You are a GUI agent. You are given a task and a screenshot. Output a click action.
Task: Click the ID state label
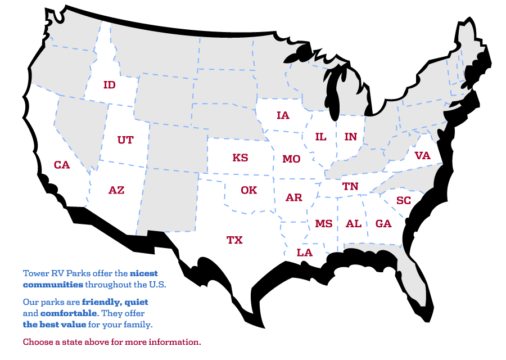click(x=110, y=85)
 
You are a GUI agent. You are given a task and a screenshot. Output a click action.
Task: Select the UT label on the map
click(x=125, y=140)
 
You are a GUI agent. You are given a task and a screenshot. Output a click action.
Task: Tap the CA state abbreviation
click(x=62, y=165)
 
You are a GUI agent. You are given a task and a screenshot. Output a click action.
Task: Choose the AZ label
click(x=116, y=190)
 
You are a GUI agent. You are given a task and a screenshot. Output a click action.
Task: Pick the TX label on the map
click(x=234, y=240)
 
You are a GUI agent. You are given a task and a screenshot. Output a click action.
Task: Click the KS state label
click(x=240, y=158)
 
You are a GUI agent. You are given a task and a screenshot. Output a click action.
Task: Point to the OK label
click(x=249, y=190)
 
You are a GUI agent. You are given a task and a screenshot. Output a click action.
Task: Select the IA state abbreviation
click(x=283, y=115)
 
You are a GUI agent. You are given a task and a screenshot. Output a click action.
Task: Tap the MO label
click(x=291, y=159)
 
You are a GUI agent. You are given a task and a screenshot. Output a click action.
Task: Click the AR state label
click(x=293, y=197)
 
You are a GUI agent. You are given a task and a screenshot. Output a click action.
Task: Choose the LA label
click(x=304, y=253)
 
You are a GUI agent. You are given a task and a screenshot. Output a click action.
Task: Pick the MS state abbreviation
click(x=324, y=224)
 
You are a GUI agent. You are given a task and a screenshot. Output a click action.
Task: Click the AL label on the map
click(x=354, y=224)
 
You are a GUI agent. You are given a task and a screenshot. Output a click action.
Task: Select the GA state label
click(x=383, y=224)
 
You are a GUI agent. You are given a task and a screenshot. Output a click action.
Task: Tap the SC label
click(x=404, y=201)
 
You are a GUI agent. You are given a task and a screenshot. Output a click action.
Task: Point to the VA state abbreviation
click(x=422, y=156)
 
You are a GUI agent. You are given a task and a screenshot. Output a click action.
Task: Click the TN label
click(x=350, y=186)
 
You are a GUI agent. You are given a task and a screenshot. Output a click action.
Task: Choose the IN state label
click(x=350, y=137)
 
